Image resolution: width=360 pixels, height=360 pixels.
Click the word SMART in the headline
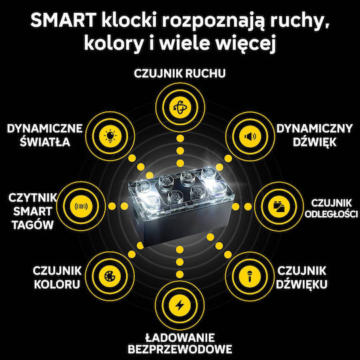pyautogui.click(x=63, y=20)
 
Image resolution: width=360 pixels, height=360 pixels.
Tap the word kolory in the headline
pyautogui.click(x=113, y=43)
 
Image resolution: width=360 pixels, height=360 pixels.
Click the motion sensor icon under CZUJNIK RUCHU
pyautogui.click(x=180, y=107)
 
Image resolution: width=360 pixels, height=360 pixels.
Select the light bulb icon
pyautogui.click(x=110, y=136)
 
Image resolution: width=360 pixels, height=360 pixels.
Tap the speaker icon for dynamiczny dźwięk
pyautogui.click(x=250, y=137)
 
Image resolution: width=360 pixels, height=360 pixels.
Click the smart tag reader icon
pyautogui.click(x=81, y=207)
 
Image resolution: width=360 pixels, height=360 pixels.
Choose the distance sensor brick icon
pyautogui.click(x=279, y=207)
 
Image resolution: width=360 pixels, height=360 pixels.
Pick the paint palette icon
pyautogui.click(x=110, y=276)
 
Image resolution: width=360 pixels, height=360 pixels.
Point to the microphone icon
pyautogui.click(x=249, y=276)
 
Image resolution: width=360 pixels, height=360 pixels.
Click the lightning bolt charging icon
pyautogui.click(x=179, y=305)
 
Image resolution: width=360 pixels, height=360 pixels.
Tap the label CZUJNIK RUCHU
pyautogui.click(x=180, y=73)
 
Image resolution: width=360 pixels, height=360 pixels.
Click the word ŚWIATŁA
pyautogui.click(x=45, y=141)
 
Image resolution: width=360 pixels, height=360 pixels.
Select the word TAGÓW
pyautogui.click(x=33, y=225)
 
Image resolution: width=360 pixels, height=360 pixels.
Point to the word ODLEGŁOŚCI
pyautogui.click(x=331, y=214)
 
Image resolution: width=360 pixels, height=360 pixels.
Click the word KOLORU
pyautogui.click(x=57, y=285)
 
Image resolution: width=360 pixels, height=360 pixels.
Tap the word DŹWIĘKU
pyautogui.click(x=301, y=284)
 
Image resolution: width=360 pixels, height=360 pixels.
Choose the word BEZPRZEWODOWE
pyautogui.click(x=180, y=349)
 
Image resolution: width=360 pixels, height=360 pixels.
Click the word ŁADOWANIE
pyautogui.click(x=180, y=337)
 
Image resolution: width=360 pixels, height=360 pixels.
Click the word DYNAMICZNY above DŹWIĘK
pyautogui.click(x=315, y=129)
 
